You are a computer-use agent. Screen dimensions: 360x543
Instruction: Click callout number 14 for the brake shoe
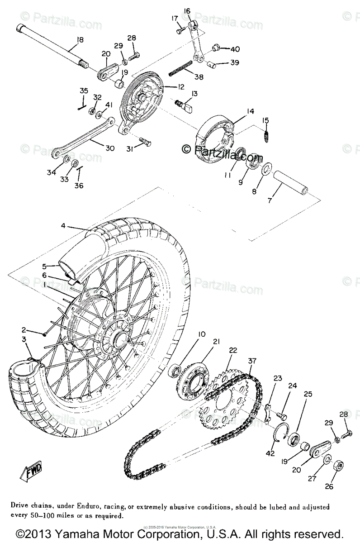[x=250, y=111]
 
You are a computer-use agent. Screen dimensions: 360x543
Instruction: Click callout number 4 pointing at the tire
[x=63, y=225]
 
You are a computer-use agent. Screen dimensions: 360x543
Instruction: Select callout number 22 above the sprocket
[x=232, y=350]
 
